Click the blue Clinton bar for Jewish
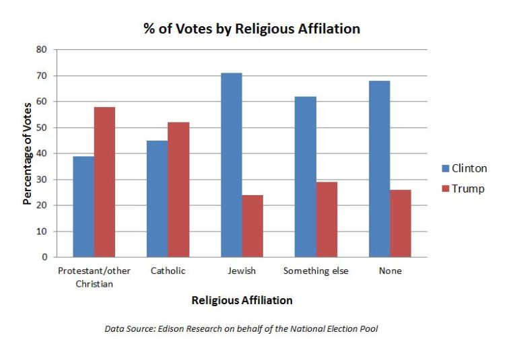232,165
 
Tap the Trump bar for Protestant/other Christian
104,182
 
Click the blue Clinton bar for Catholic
158,199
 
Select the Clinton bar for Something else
306,176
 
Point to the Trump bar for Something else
326,219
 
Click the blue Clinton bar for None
380,169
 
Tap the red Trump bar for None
401,223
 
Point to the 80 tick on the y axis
42,50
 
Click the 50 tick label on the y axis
42,128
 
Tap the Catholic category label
168,271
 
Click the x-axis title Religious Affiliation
242,300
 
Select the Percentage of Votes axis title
28,153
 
